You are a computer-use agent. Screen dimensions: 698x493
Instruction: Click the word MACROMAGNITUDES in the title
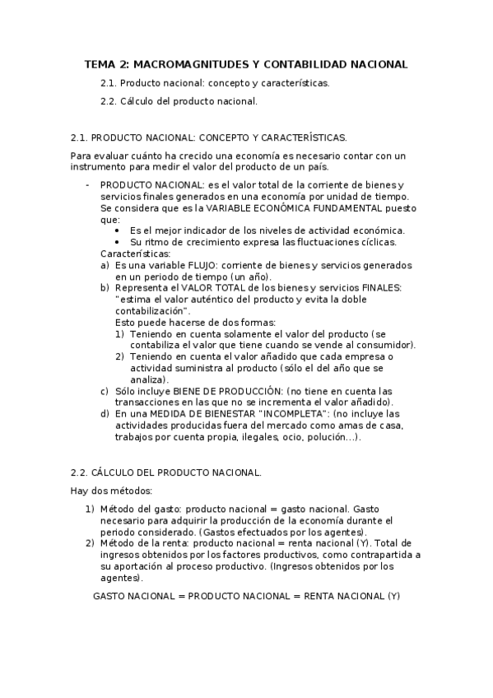coord(180,64)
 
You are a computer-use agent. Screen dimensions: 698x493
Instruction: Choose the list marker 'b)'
coord(105,288)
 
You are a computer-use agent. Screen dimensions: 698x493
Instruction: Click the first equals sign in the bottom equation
coord(182,595)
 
